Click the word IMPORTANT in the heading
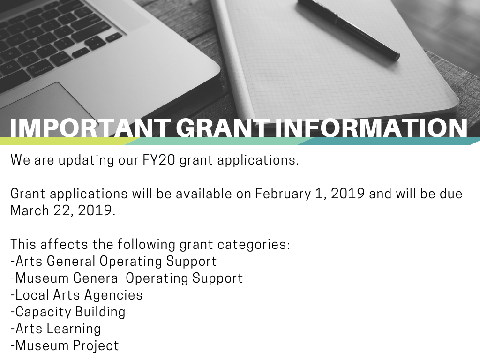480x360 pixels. [90, 127]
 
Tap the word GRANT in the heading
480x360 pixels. [221, 127]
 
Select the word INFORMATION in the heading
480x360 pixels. [371, 127]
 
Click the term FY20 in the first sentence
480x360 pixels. [158, 160]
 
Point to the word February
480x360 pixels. [283, 194]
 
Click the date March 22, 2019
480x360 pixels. [63, 210]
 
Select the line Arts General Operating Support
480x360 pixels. [113, 261]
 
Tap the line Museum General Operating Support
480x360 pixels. [127, 278]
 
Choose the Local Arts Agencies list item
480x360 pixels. [76, 295]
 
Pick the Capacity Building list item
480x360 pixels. [68, 312]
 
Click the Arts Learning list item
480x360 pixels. [56, 329]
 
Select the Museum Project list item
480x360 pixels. [65, 345]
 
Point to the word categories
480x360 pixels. [254, 245]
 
